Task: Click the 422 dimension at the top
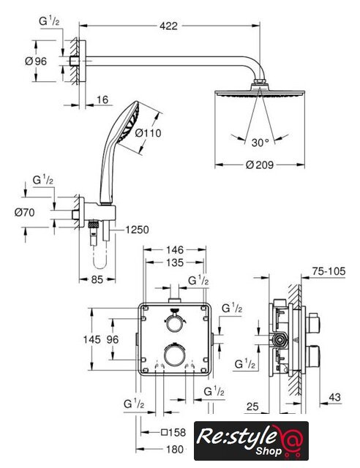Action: [168, 26]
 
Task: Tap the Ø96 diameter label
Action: [36, 61]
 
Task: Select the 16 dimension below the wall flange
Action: [102, 99]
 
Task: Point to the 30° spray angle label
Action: [260, 143]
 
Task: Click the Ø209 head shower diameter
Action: [260, 165]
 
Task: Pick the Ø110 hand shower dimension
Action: [148, 133]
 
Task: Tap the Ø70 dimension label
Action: [24, 213]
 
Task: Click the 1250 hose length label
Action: [137, 230]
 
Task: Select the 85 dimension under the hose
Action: [97, 279]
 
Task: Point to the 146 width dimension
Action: [175, 249]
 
